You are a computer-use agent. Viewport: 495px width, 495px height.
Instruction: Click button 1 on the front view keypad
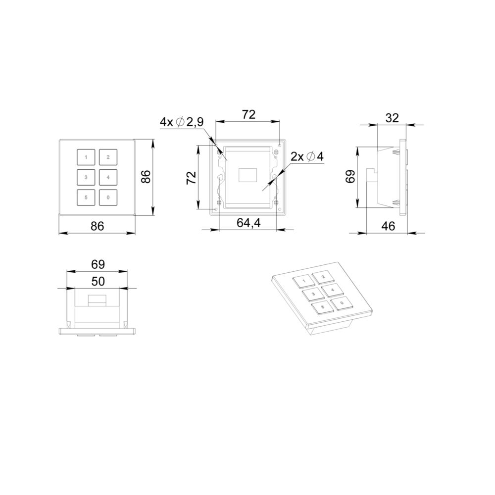[x=86, y=157]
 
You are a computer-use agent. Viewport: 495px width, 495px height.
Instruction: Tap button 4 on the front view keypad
[x=108, y=177]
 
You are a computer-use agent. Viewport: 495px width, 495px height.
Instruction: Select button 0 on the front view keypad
[x=108, y=198]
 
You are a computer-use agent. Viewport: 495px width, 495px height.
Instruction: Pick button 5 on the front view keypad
[x=86, y=198]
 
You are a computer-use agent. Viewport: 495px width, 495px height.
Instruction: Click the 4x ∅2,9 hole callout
[x=182, y=122]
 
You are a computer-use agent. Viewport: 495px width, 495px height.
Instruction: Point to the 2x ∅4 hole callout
[x=307, y=156]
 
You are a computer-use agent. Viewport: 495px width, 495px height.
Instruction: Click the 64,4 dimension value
[x=249, y=223]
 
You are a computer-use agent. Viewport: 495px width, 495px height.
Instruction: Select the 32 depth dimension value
[x=393, y=118]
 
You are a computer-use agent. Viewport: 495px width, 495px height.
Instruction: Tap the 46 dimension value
[x=388, y=226]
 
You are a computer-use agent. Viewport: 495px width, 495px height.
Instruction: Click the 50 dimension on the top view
[x=98, y=281]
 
